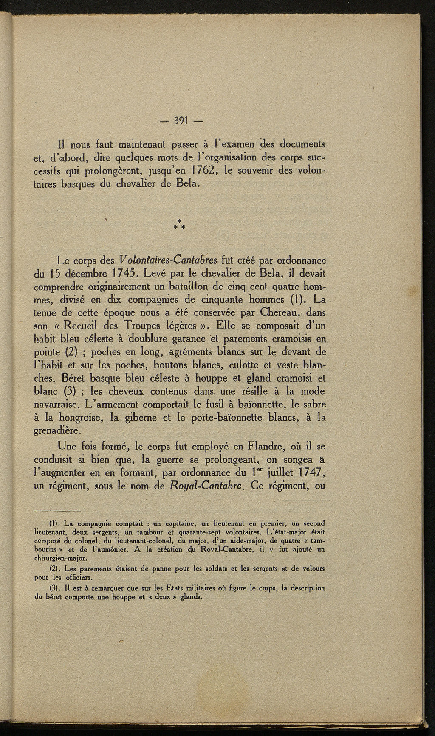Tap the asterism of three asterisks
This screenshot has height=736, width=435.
180,224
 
